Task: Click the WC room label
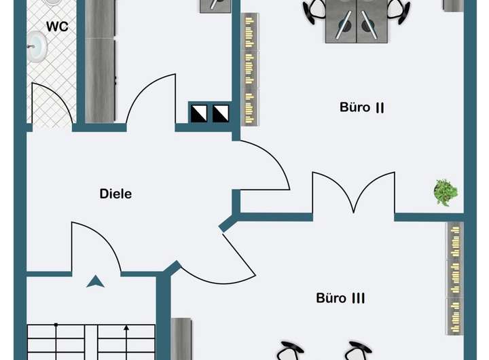click(56, 27)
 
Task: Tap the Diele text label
click(115, 194)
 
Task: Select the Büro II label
click(363, 107)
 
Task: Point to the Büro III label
click(341, 298)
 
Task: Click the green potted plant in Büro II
click(446, 192)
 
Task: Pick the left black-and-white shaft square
click(199, 113)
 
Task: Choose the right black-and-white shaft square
click(221, 113)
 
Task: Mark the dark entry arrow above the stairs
click(96, 281)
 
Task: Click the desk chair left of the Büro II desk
click(316, 10)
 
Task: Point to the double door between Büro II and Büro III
click(353, 194)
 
